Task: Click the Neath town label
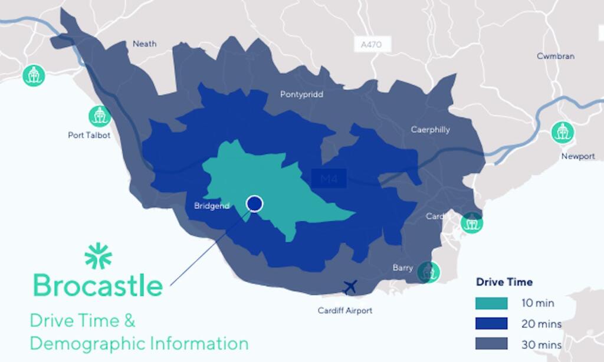[145, 44]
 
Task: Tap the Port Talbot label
[89, 135]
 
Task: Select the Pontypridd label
[301, 94]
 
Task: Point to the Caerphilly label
[430, 130]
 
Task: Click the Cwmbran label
[555, 57]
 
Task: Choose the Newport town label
[577, 156]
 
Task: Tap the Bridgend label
[212, 206]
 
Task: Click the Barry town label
[403, 268]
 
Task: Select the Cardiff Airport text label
[345, 310]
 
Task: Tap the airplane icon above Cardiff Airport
[350, 287]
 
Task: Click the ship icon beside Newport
[563, 132]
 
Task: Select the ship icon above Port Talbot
[99, 116]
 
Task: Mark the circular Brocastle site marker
[254, 204]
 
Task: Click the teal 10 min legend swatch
[491, 304]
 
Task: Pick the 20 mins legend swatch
[491, 324]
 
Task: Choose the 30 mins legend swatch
[491, 344]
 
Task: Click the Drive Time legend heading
[504, 282]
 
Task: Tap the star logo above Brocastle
[98, 256]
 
